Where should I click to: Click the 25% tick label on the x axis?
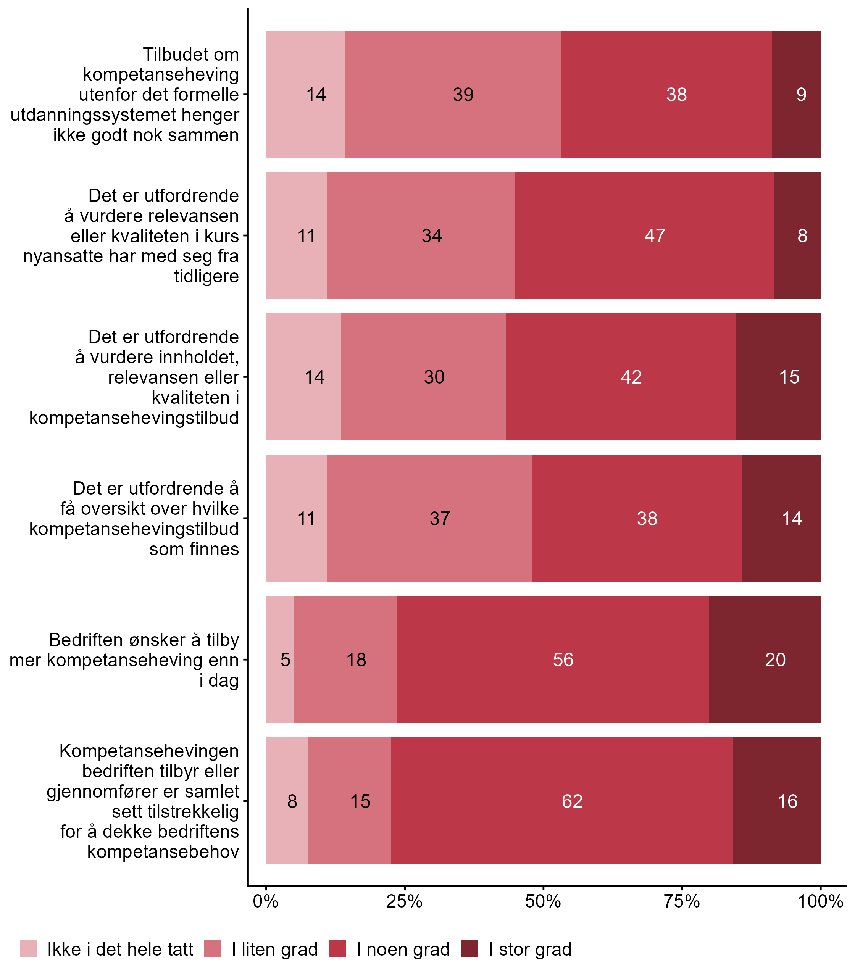[404, 901]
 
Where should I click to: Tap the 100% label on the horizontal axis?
[821, 901]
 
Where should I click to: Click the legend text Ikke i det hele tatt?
[120, 950]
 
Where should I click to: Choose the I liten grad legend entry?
[274, 950]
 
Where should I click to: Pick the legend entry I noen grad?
[403, 950]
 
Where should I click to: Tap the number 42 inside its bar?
[631, 377]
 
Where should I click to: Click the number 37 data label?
[439, 519]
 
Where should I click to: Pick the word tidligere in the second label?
[206, 276]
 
